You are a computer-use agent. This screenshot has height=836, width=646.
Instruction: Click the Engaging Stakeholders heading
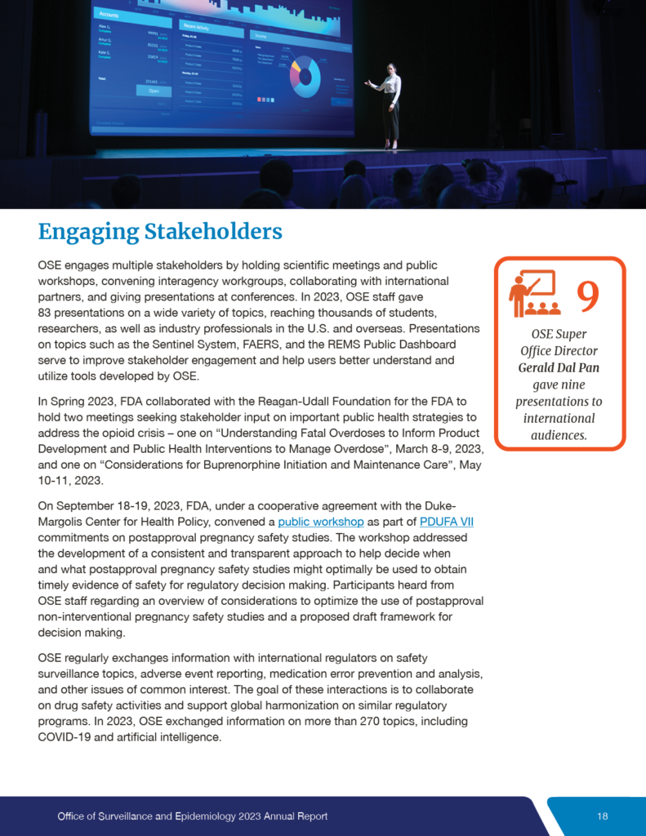[x=160, y=232]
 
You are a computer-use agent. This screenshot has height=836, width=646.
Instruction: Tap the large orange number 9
[x=588, y=297]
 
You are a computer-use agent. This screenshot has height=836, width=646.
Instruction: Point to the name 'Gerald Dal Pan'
[x=559, y=367]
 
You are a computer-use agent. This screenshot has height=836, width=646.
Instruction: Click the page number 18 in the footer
[x=603, y=816]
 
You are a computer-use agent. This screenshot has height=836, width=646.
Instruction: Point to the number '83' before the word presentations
[x=46, y=313]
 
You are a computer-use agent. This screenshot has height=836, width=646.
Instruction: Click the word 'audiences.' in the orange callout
[x=559, y=435]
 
